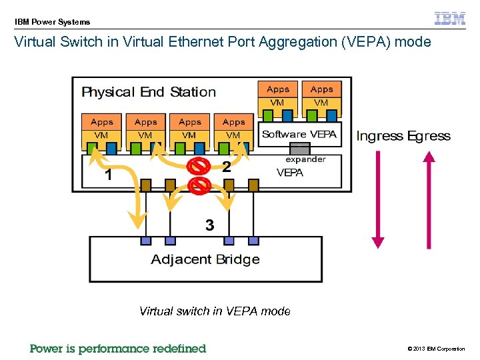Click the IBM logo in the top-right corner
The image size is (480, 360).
coord(449,19)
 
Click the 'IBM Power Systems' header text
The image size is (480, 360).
coord(53,22)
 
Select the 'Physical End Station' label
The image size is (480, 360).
coord(148,92)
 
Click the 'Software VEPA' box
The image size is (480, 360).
coord(299,134)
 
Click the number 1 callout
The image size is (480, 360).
coord(108,176)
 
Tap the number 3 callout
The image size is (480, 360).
coord(209,225)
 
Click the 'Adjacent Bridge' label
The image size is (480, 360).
coord(205,259)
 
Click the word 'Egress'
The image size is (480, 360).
coord(429,136)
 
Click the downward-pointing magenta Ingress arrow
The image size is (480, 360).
coord(378,200)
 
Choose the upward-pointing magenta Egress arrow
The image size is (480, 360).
coord(429,200)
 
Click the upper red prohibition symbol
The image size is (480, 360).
coord(197,165)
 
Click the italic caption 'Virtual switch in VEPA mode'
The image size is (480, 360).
coord(215,311)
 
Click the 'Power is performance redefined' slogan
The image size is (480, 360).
coord(118,348)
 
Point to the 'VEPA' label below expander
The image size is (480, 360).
coord(290,172)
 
